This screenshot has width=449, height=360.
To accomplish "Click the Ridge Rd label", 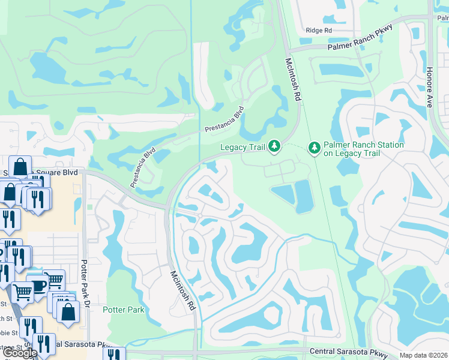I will [318, 30].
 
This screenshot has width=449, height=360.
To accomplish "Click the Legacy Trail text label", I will [242, 146].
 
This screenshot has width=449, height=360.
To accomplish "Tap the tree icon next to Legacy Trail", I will [274, 146].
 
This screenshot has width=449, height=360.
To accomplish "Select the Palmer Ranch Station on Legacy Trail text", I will [364, 149].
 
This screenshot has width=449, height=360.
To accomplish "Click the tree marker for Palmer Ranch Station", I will [314, 147].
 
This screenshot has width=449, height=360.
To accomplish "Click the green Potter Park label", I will [124, 310].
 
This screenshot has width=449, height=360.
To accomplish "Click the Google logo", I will [20, 353].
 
